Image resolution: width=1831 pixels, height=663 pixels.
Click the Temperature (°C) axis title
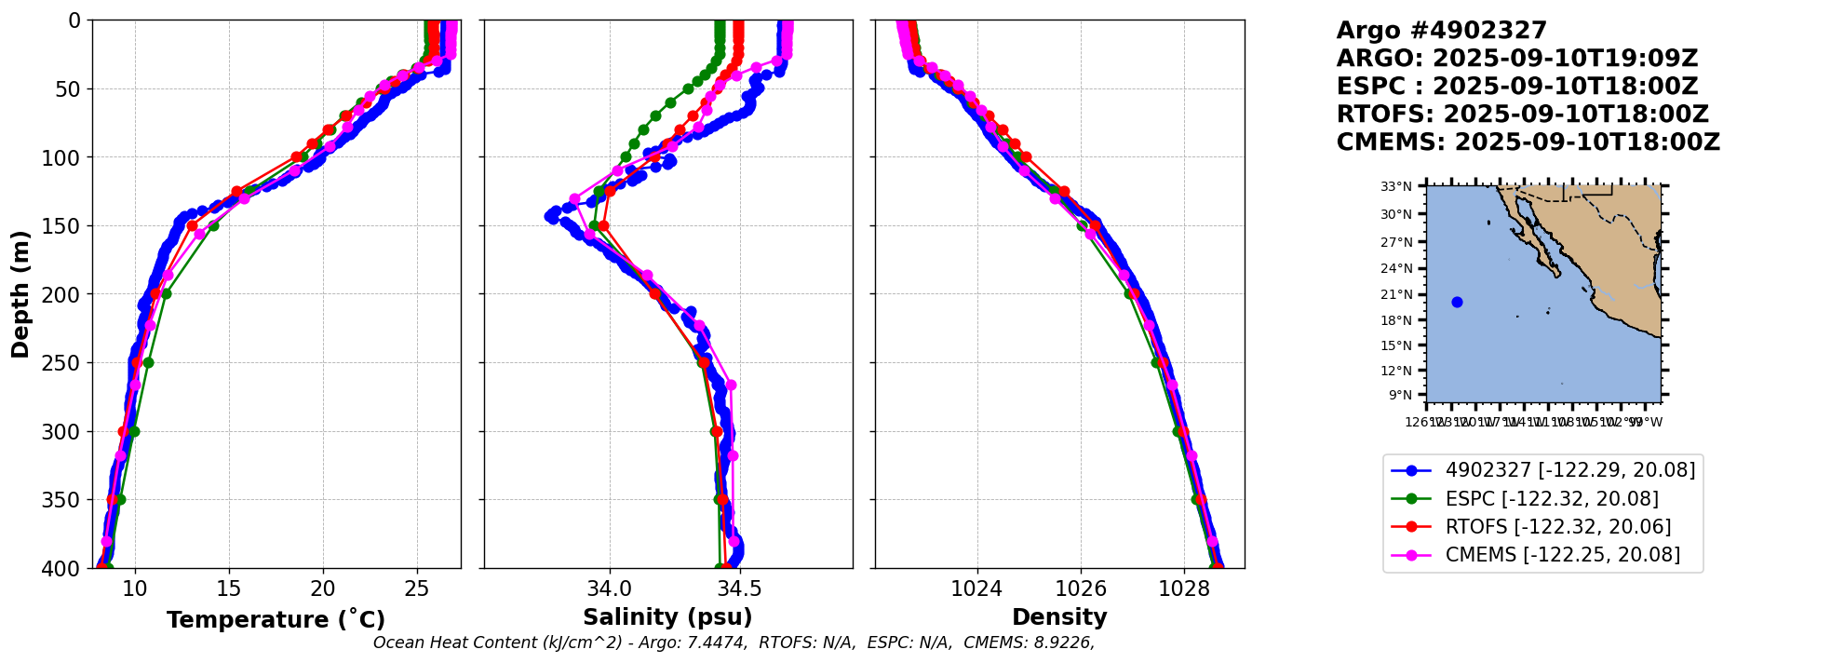click(276, 620)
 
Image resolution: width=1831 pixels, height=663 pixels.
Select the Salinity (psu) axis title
click(667, 617)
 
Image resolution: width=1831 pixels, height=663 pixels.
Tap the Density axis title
click(1059, 617)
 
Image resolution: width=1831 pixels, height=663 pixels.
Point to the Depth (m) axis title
click(20, 294)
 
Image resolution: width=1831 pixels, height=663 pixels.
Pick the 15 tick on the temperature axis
click(229, 589)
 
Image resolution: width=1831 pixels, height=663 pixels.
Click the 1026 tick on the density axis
click(1081, 589)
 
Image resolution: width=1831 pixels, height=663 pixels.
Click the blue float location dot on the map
click(1457, 302)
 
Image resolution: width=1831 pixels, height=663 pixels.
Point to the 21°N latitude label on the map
click(1396, 294)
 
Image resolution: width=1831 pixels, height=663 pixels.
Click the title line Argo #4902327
click(1441, 31)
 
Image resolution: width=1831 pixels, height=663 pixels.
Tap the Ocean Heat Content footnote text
click(734, 643)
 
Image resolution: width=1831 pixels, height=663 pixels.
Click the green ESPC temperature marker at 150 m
click(213, 225)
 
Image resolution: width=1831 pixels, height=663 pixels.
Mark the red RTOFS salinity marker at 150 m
click(603, 225)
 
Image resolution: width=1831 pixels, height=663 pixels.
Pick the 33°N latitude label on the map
click(1396, 186)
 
